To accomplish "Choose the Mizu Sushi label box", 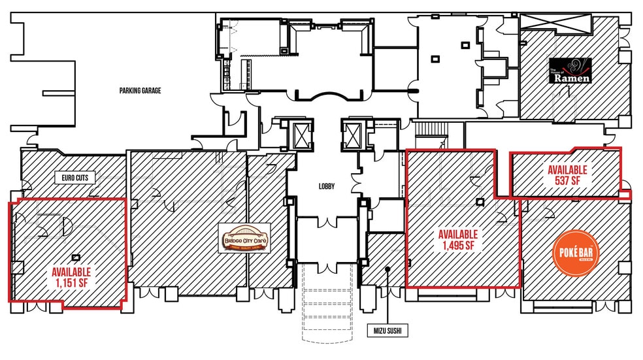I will (387, 331).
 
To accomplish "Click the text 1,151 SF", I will (72, 283).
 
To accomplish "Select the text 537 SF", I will (567, 180).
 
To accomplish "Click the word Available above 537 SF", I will (567, 170).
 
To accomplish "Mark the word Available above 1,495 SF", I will (458, 235).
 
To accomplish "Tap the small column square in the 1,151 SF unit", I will (76, 257).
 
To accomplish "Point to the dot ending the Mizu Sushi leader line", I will (387, 267).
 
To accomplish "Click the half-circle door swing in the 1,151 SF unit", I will (66, 227).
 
